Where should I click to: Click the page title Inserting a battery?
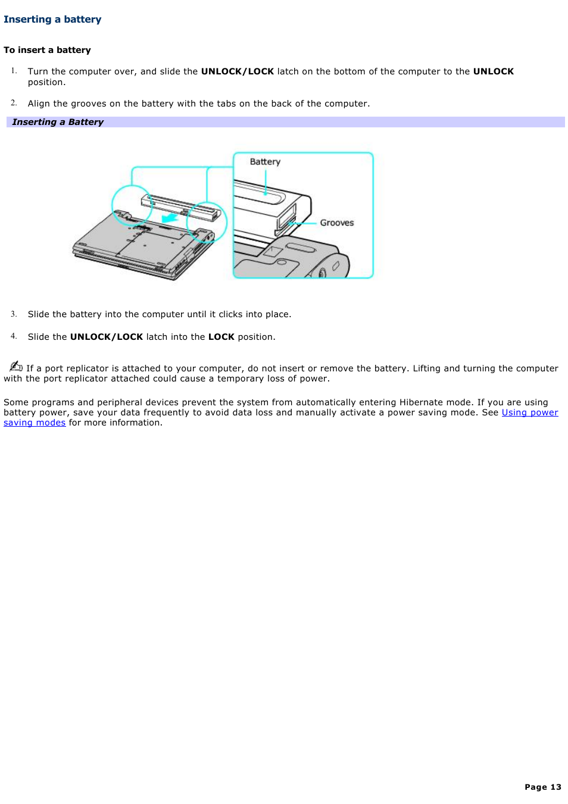(x=52, y=20)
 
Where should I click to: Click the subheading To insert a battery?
(x=47, y=50)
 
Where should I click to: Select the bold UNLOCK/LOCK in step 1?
(x=237, y=71)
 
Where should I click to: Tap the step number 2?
(x=14, y=103)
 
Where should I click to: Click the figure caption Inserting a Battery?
(x=58, y=122)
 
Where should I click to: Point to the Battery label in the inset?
(x=265, y=162)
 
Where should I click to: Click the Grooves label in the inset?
(x=336, y=223)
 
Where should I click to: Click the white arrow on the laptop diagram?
(x=170, y=218)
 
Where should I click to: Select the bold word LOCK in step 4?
(x=221, y=337)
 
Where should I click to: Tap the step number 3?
(x=14, y=314)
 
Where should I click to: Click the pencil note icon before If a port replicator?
(x=16, y=366)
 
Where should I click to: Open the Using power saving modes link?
(x=529, y=412)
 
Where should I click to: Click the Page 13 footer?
(x=542, y=787)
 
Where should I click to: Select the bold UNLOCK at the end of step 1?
(x=493, y=71)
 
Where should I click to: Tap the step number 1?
(x=14, y=71)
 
